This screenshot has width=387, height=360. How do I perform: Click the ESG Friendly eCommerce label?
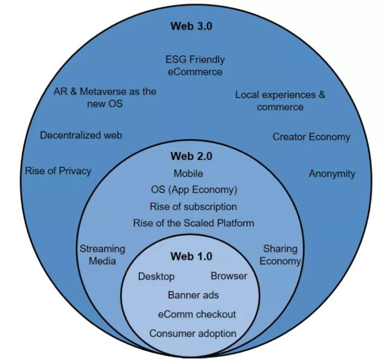(194, 65)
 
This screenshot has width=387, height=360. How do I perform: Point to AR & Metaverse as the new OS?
(105, 97)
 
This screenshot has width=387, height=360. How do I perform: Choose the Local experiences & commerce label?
(280, 101)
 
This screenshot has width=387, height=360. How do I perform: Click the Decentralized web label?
(81, 135)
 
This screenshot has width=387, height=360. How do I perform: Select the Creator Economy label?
(311, 137)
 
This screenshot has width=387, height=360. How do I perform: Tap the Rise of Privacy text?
(58, 171)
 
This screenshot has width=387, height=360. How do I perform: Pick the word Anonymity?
(332, 173)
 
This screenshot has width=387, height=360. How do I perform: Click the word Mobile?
(188, 174)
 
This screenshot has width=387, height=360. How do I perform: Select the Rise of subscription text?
(193, 206)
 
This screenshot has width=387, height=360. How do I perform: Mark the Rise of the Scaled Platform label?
(193, 223)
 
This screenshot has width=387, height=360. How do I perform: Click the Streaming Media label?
(102, 255)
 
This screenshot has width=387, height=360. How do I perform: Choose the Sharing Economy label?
(280, 255)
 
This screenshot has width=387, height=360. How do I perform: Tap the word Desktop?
(156, 277)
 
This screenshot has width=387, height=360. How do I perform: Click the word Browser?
(229, 276)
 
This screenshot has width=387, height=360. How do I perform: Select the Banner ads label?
(193, 295)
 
